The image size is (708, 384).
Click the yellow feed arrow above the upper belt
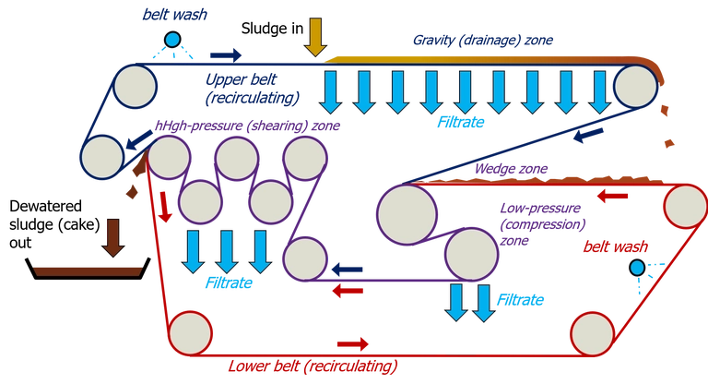pyautogui.click(x=315, y=37)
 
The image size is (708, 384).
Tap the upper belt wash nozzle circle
pyautogui.click(x=171, y=39)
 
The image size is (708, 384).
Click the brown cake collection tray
pyautogui.click(x=87, y=270)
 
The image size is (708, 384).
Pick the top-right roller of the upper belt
pyautogui.click(x=633, y=88)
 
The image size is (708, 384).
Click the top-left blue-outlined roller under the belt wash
pyautogui.click(x=136, y=85)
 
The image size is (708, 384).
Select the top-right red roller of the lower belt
pyautogui.click(x=683, y=205)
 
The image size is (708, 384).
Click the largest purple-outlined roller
pyautogui.click(x=407, y=214)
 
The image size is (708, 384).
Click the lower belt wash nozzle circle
pyautogui.click(x=637, y=267)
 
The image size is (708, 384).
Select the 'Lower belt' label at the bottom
pyautogui.click(x=313, y=366)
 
